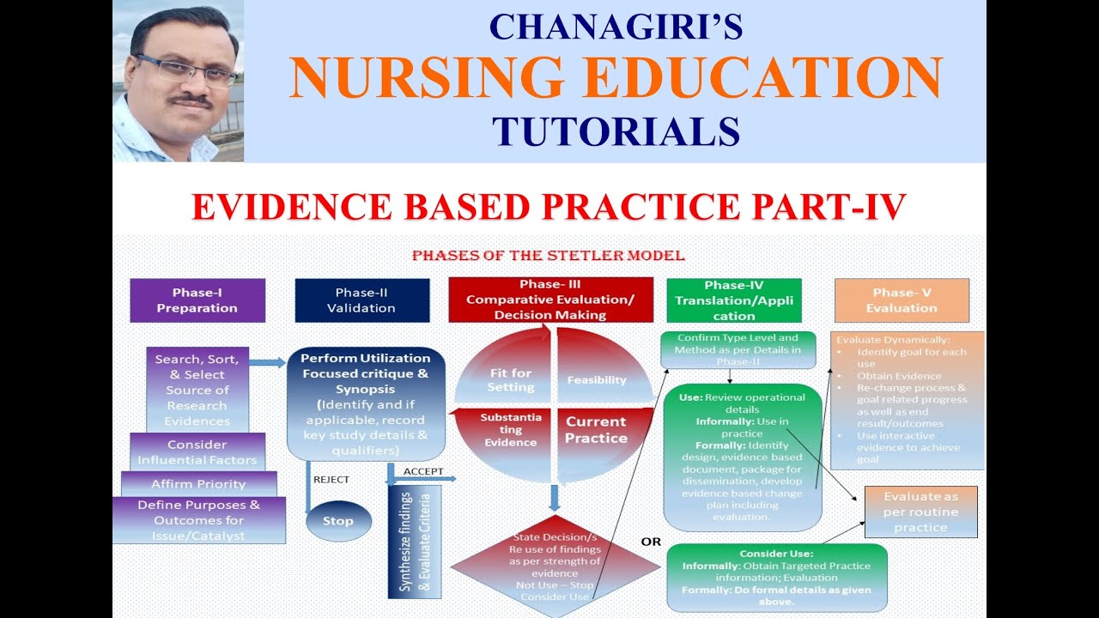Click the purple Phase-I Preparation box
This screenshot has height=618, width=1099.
(197, 300)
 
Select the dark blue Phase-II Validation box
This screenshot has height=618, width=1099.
(361, 300)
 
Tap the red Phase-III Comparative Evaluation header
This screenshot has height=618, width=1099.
(551, 300)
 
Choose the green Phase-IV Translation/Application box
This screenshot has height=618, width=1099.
(733, 300)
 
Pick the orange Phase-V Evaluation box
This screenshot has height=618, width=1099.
(902, 300)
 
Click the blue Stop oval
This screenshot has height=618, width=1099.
(338, 521)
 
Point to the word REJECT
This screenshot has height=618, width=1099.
(331, 480)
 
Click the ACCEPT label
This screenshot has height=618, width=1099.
(423, 471)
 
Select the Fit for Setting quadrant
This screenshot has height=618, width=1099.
(510, 379)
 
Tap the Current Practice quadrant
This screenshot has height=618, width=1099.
(596, 429)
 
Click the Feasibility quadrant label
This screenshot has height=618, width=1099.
(596, 380)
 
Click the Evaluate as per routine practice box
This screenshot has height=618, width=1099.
(920, 512)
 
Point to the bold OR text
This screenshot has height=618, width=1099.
(652, 542)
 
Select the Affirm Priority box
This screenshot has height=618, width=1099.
(198, 484)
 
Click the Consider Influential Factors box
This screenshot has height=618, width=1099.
(197, 452)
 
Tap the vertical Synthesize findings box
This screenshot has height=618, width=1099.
(415, 542)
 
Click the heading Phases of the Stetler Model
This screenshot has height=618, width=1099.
(548, 256)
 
